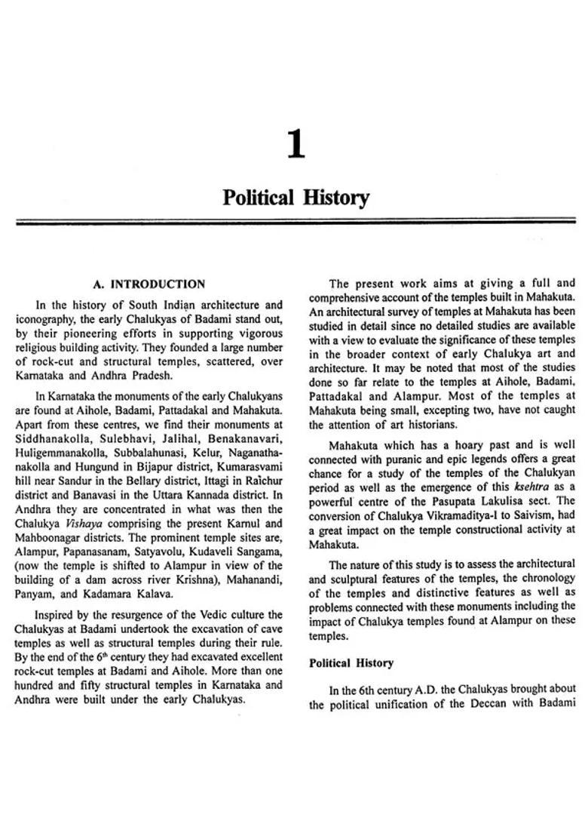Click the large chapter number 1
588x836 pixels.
point(296,144)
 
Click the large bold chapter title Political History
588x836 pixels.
point(296,198)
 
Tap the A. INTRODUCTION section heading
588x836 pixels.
point(149,284)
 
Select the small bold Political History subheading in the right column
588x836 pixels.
point(351,663)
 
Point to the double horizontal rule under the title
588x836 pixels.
point(296,223)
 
